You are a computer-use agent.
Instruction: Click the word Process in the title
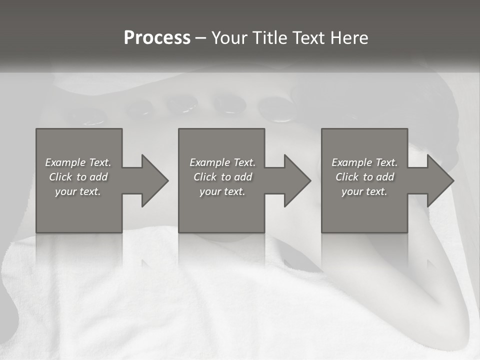coord(157,38)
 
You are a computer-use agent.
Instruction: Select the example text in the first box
coord(78,177)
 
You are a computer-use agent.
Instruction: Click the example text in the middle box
coord(222,177)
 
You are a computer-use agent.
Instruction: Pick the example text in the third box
coord(364,177)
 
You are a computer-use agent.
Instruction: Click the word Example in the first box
coord(64,162)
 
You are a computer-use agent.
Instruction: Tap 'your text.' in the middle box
coord(222,191)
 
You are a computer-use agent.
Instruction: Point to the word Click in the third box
coord(347,177)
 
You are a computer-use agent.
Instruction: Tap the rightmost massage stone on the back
coord(275,109)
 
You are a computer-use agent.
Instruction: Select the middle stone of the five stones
coord(183,104)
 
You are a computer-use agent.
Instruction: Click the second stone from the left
coord(139,107)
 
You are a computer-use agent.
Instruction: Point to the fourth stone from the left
coord(229,103)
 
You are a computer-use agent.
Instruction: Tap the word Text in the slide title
coord(308,38)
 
